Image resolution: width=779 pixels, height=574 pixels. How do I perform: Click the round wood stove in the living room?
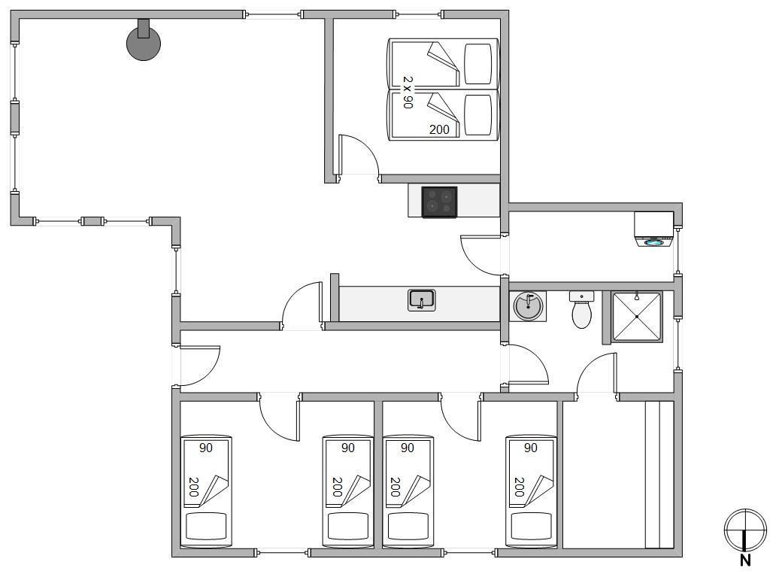point(144,43)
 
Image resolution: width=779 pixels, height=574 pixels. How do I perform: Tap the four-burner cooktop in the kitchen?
point(439,202)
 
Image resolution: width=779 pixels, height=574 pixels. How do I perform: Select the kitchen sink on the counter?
point(421,300)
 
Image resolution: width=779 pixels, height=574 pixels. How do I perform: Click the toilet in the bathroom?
point(581,310)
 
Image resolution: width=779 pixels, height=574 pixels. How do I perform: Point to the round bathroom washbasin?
point(528,305)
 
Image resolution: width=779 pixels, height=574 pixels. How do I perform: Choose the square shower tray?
point(637,317)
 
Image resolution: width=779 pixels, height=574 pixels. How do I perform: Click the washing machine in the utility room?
point(654,229)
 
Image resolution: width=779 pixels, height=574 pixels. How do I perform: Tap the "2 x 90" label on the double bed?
point(408,92)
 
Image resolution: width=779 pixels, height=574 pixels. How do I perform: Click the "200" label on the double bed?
point(439,129)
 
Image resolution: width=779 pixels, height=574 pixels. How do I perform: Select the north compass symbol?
point(744,530)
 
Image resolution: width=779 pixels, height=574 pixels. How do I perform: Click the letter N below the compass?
point(744,560)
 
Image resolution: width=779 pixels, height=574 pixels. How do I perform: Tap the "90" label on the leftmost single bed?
point(206,448)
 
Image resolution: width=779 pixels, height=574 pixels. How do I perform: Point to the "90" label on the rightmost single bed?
point(531,448)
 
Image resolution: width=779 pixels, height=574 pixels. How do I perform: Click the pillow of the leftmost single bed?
point(206,526)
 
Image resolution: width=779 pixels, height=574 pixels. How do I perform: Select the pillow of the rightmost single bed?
point(531,526)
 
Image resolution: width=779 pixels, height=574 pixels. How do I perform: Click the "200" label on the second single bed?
point(338,487)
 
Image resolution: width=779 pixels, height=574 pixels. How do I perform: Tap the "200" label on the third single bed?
point(396,487)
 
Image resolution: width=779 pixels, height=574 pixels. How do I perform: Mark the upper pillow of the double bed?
point(478,64)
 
